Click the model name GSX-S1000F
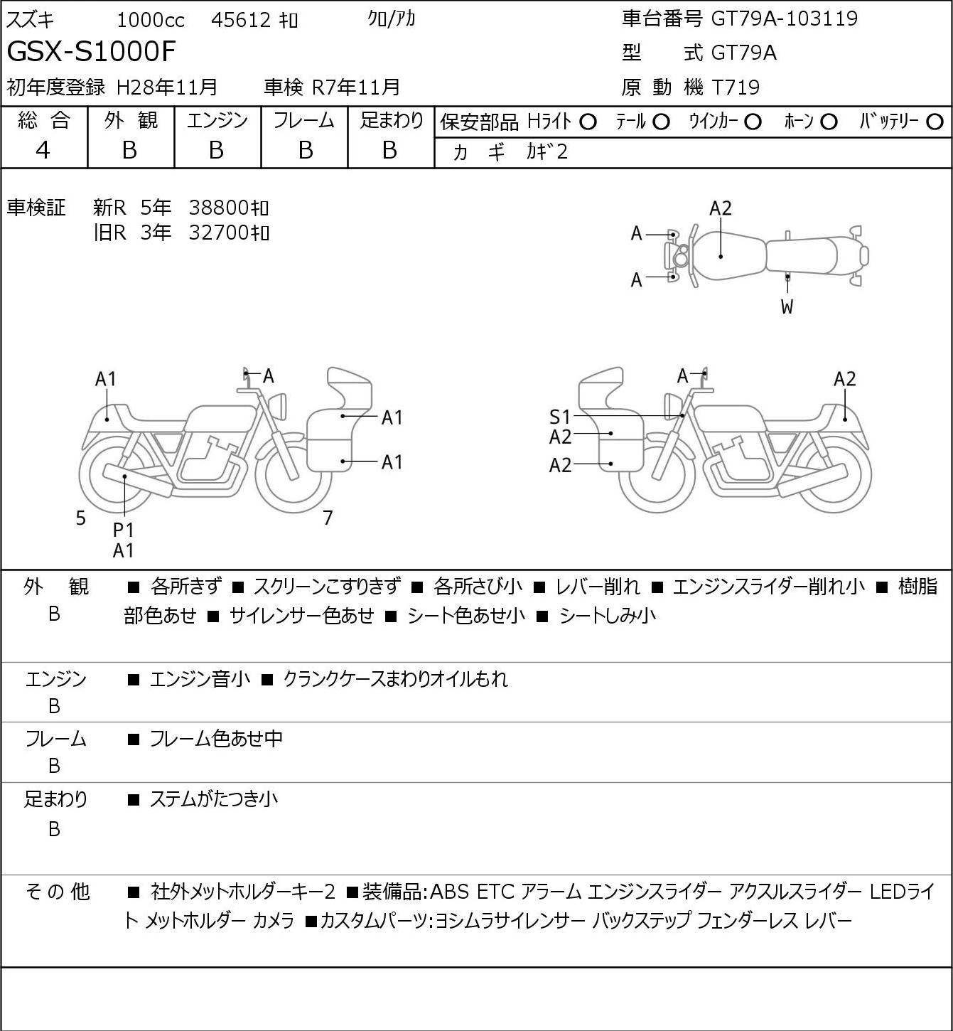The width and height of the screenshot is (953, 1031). coord(92,51)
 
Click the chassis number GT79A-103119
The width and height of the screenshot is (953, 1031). coord(785,18)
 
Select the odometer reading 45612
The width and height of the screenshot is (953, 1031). coord(241,20)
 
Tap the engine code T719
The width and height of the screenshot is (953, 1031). coord(736,87)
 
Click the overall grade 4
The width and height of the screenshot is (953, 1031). coord(43,151)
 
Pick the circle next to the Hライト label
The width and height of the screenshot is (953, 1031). coord(588,122)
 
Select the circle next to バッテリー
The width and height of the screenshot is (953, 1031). coord(935,122)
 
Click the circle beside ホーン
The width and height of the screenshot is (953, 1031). coord(829,122)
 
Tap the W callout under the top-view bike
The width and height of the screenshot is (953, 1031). coord(787,306)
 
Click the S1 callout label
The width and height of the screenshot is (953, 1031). coord(560,417)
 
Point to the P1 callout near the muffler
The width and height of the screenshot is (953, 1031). coord(124,530)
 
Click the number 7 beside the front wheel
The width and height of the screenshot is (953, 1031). coord(328,518)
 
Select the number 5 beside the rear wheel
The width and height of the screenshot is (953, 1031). coord(80,518)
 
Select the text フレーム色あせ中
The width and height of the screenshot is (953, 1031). coord(216,738)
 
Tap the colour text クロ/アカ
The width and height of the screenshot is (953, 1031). coord(392,19)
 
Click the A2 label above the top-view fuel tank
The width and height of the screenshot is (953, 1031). coord(721,208)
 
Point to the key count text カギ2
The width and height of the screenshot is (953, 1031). coord(547,152)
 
